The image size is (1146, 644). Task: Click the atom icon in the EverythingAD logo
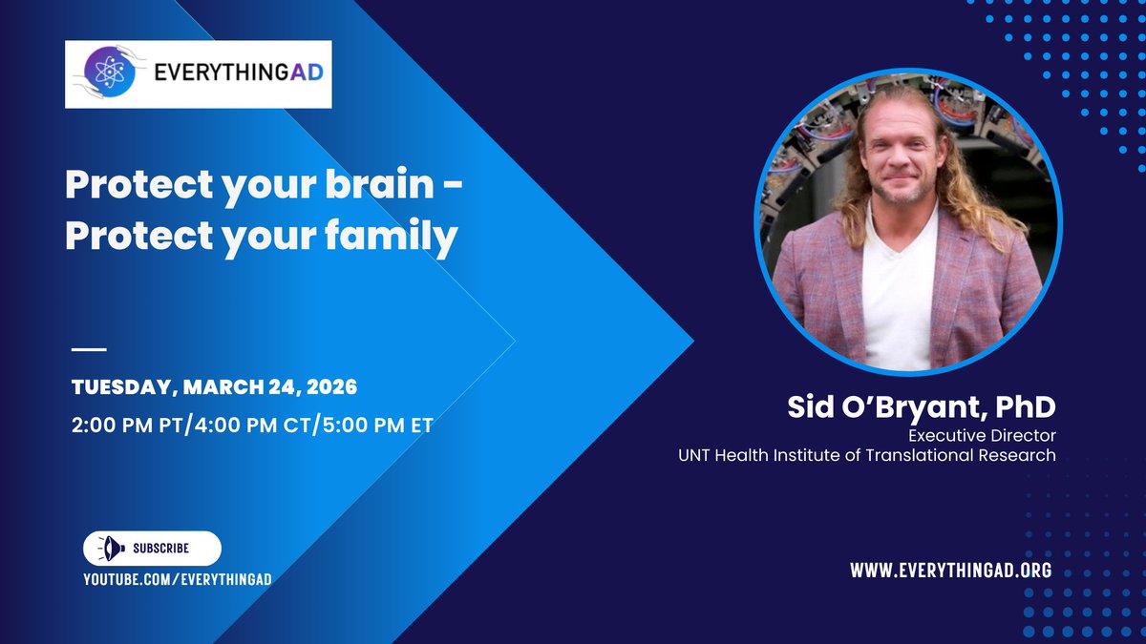[x=110, y=73]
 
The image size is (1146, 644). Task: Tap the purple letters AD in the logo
[x=307, y=73]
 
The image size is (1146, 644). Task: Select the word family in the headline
[x=391, y=238]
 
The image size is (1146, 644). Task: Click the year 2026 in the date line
[x=331, y=387]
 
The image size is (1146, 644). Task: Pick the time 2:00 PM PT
[x=126, y=426]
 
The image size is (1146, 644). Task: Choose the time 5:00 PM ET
[x=378, y=426]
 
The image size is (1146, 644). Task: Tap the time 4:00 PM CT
[x=252, y=426]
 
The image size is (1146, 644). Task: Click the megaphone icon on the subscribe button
[x=111, y=549]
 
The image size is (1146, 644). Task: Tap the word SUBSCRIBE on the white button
[x=161, y=549]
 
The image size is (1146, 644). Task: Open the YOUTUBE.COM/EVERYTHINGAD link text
[x=178, y=579]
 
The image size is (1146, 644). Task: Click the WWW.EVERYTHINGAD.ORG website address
[x=951, y=570]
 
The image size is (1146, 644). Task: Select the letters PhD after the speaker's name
[x=1026, y=406]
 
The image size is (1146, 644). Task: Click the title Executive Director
[x=982, y=435]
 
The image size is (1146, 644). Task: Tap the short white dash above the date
[x=89, y=349]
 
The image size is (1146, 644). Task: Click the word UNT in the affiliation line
[x=694, y=455]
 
